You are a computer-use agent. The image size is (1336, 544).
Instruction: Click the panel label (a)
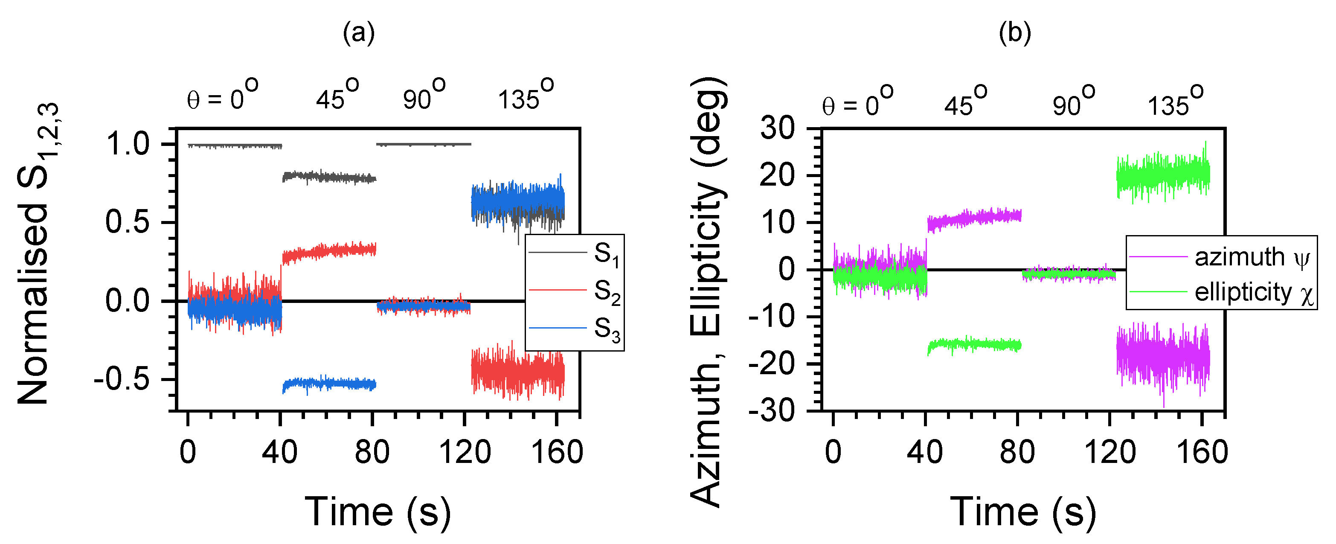[x=358, y=33]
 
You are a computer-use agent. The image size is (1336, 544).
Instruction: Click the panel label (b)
[x=1014, y=33]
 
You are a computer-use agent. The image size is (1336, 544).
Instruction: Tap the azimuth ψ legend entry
[x=1221, y=257]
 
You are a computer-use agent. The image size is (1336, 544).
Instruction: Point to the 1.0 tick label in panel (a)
[x=128, y=144]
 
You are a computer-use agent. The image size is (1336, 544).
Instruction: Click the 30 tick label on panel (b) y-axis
[x=777, y=128]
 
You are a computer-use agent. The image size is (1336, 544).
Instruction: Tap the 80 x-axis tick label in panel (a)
[x=372, y=452]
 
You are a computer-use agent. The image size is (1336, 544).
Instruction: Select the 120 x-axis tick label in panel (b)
[x=1110, y=452]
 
